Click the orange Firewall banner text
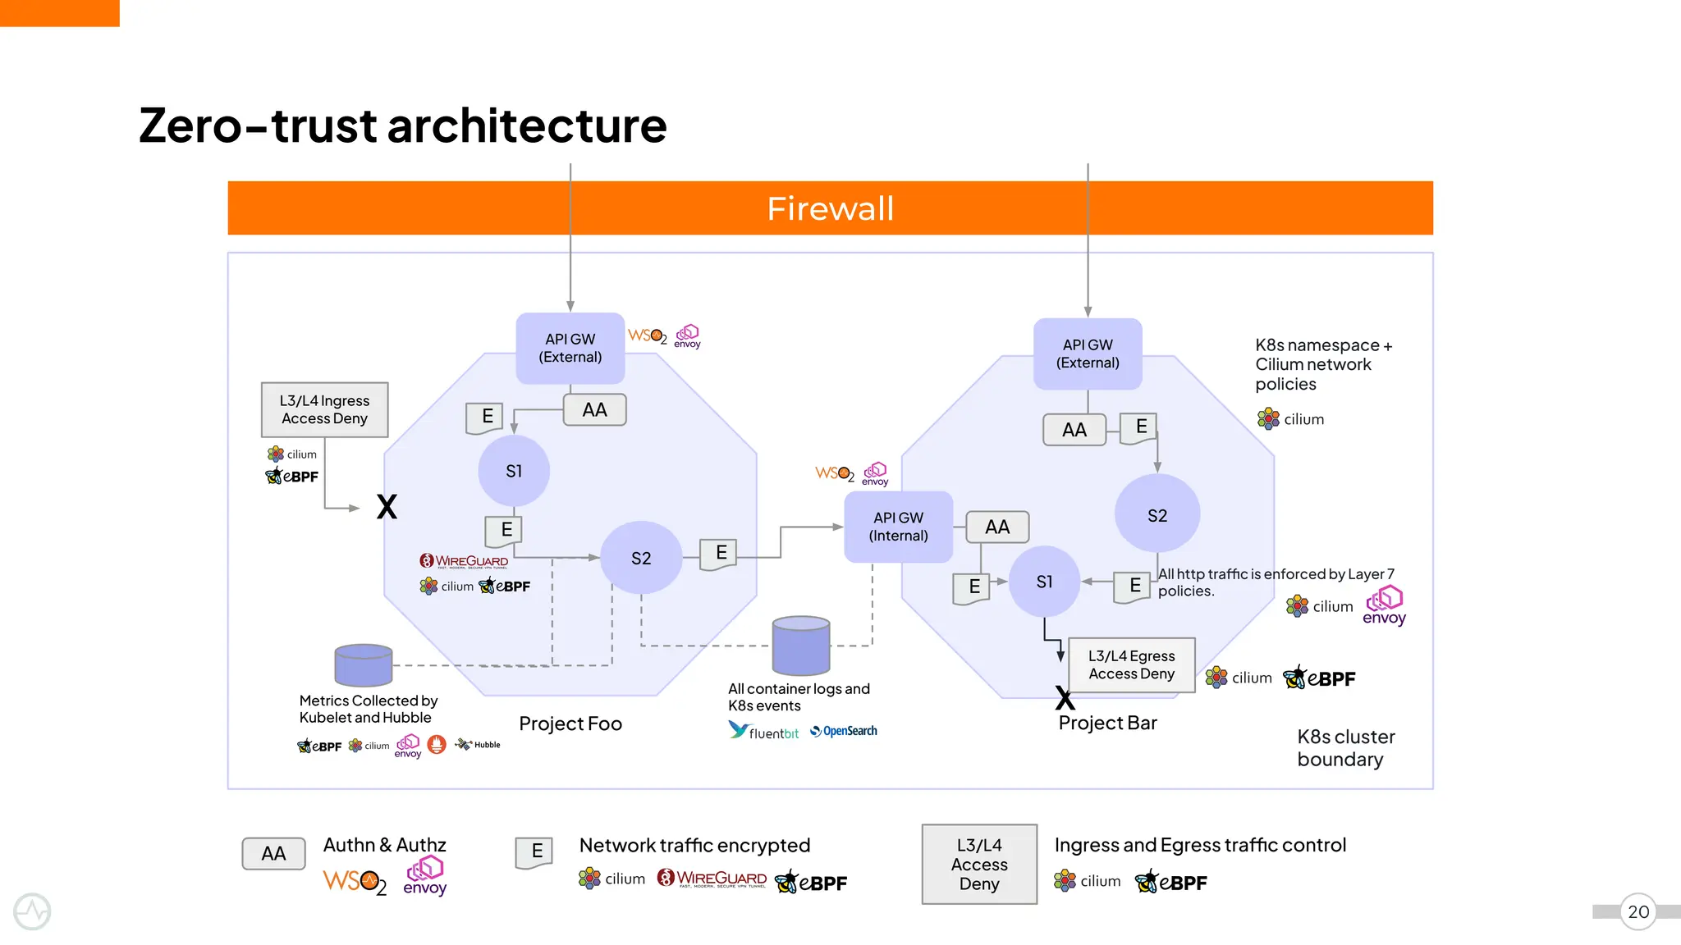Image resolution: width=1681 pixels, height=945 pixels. [x=830, y=208]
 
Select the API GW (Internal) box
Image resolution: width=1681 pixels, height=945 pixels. [x=898, y=527]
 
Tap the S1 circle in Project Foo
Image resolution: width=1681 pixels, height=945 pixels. [x=514, y=471]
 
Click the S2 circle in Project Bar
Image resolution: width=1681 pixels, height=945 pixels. [x=1157, y=515]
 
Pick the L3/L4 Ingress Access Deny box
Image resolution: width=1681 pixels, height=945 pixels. [x=324, y=409]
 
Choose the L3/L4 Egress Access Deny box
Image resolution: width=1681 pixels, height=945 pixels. [x=1131, y=664]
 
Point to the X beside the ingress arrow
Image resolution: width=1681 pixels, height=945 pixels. [x=387, y=507]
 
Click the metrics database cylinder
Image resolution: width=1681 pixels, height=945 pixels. [x=364, y=664]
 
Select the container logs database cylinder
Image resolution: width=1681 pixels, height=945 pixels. [x=801, y=646]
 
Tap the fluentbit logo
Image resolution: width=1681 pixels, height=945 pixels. [x=763, y=731]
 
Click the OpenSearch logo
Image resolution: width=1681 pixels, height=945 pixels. [x=844, y=731]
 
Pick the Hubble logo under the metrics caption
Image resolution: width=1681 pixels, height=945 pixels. [x=478, y=745]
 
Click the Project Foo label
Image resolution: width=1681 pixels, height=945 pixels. [x=570, y=724]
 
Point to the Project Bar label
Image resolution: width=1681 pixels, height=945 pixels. [x=1107, y=723]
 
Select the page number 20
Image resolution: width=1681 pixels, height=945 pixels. [x=1637, y=911]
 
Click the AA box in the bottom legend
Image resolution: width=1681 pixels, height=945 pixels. [x=273, y=853]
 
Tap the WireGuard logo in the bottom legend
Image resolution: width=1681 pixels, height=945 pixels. [x=712, y=879]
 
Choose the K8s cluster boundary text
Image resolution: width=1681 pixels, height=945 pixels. [x=1345, y=747]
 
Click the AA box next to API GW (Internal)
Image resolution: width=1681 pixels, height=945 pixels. [x=997, y=527]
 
